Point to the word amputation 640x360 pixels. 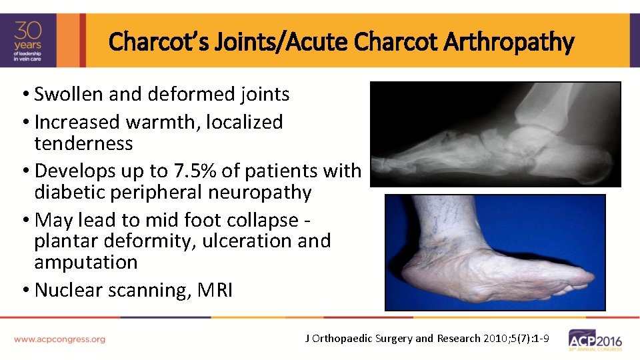pyautogui.click(x=86, y=262)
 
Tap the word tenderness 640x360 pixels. pyautogui.click(x=83, y=143)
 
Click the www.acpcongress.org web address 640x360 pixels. pyautogui.click(x=59, y=339)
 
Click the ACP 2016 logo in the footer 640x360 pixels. pyautogui.click(x=595, y=340)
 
